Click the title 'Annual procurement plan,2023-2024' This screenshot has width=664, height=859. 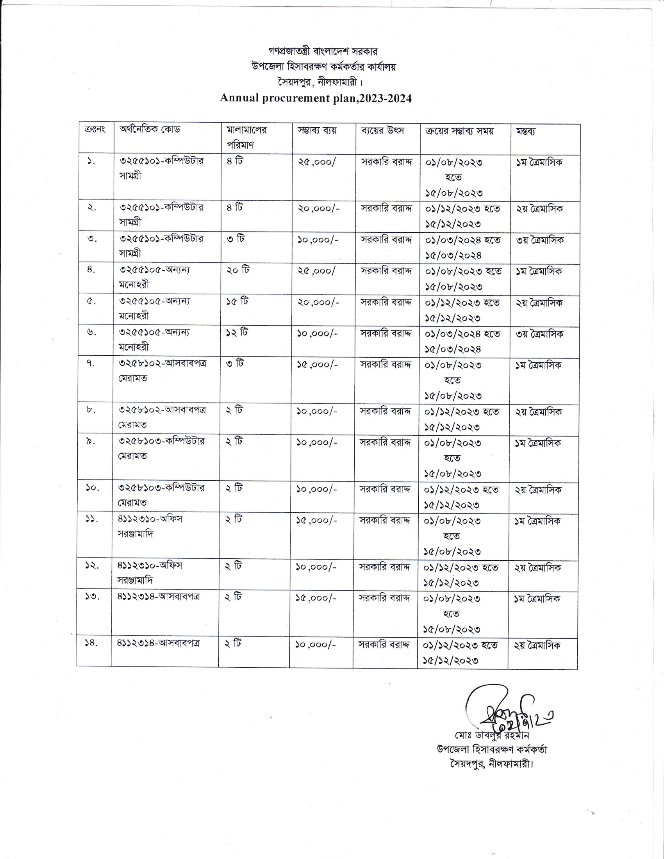[x=316, y=98]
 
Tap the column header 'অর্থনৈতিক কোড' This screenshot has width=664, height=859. [x=150, y=129]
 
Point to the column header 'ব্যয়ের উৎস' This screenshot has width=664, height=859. [x=382, y=130]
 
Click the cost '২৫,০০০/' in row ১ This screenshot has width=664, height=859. [x=317, y=162]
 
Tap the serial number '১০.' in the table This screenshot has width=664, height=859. [x=93, y=488]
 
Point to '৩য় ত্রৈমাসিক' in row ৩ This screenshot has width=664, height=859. [x=540, y=240]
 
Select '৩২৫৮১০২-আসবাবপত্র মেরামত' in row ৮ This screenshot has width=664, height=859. [x=163, y=417]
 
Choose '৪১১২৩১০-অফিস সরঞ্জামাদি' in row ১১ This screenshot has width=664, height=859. [x=150, y=526]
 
